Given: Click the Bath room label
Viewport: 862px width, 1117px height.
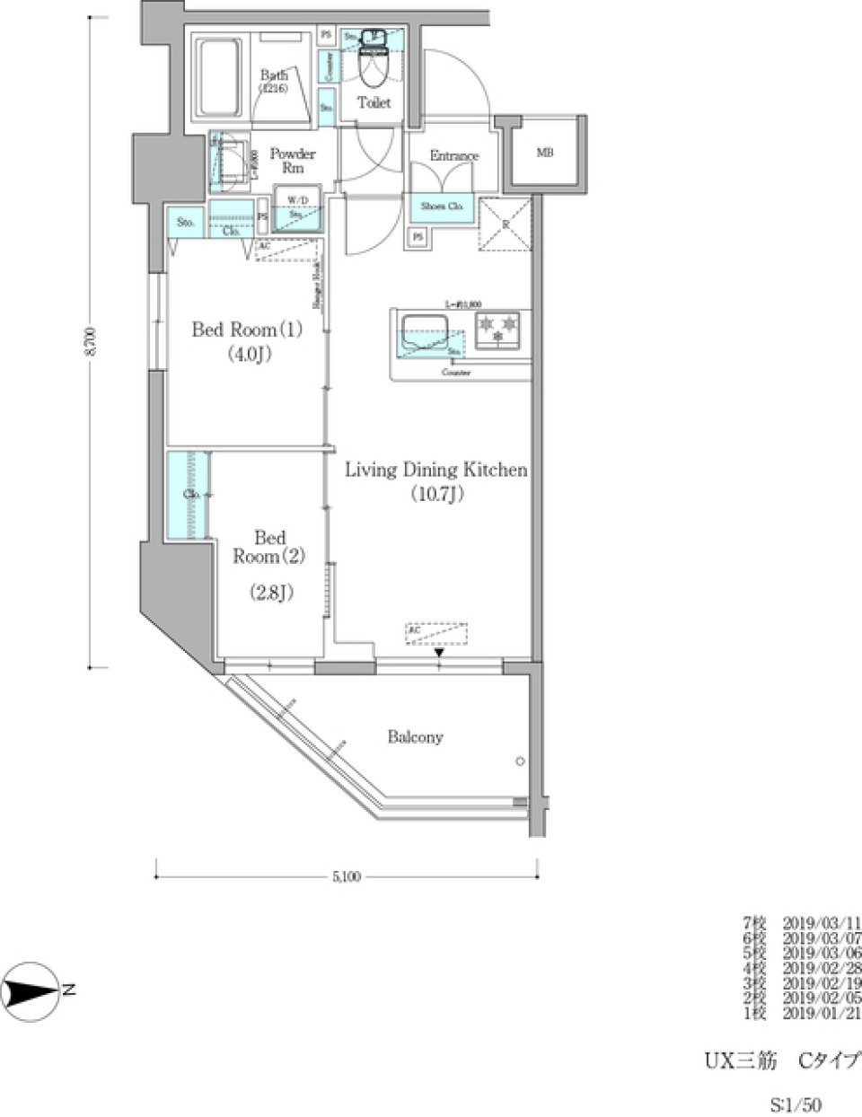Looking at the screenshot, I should coord(273,81).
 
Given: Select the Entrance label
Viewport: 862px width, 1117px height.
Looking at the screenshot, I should coord(453,155).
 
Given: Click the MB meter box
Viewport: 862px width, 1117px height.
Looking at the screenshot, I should coord(545,154).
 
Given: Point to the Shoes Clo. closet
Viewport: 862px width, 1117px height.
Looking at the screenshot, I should coord(442,207).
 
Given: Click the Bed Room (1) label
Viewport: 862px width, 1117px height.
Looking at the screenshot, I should coord(247,340).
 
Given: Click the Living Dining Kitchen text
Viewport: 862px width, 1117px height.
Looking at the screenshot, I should coord(436,479).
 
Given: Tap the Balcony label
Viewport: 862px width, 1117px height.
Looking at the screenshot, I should coord(415,737).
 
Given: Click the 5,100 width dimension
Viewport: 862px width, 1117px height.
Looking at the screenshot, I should coord(346,877).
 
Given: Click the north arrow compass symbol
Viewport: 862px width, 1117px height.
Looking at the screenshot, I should coord(31,990).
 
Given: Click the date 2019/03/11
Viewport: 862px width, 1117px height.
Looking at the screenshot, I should coord(822,922).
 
